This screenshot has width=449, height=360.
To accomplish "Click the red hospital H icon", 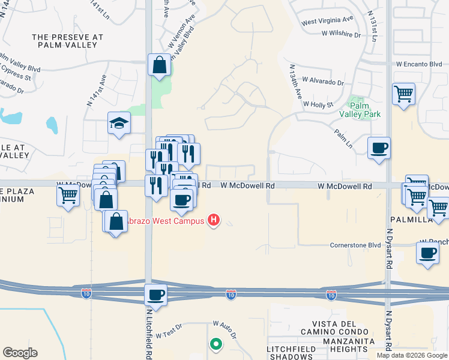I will point(212,221).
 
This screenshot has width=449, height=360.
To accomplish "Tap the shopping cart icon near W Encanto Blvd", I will point(403,94).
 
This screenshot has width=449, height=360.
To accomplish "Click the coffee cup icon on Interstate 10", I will point(156,295).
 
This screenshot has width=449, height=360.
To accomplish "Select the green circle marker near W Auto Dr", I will point(215,344).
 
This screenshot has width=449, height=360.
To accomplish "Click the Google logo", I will point(20,352).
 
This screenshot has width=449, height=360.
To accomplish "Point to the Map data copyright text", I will point(412,355).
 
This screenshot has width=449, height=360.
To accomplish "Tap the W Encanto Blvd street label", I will point(419,64).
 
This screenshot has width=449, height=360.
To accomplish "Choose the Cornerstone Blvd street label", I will point(356,245).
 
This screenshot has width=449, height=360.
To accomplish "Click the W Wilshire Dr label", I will point(333,35).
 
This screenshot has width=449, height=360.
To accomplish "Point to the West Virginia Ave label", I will point(328,22).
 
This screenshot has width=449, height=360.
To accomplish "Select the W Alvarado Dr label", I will point(323,80).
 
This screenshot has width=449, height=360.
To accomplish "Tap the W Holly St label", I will point(318,104).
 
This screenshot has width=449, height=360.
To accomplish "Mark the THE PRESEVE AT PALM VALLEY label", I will point(67,41).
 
